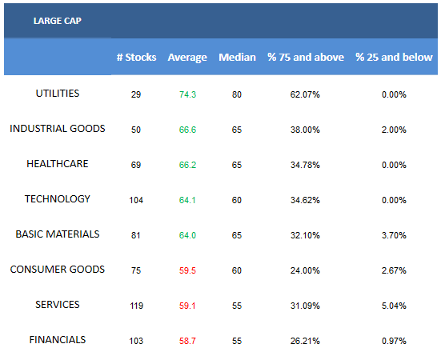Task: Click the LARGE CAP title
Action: pyautogui.click(x=58, y=21)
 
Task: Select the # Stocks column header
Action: pyautogui.click(x=136, y=58)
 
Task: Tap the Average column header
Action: pyautogui.click(x=187, y=58)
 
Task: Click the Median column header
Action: pyautogui.click(x=238, y=58)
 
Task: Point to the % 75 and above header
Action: pyautogui.click(x=306, y=58)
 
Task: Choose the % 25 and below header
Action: pyautogui.click(x=394, y=58)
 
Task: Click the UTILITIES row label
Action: pyautogui.click(x=58, y=94)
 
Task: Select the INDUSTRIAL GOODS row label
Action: pyautogui.click(x=58, y=129)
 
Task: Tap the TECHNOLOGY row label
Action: pyautogui.click(x=58, y=199)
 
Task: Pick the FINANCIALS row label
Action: pyautogui.click(x=58, y=340)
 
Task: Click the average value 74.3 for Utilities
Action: pyautogui.click(x=187, y=94)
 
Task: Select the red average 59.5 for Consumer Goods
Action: pyautogui.click(x=187, y=270)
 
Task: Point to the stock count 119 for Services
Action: pyautogui.click(x=136, y=306)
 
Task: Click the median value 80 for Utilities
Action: pyautogui.click(x=237, y=94)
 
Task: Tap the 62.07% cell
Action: pyautogui.click(x=305, y=94)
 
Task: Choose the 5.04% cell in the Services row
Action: pyautogui.click(x=394, y=306)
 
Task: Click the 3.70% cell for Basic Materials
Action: pyautogui.click(x=394, y=235)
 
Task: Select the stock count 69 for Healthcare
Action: pyautogui.click(x=136, y=165)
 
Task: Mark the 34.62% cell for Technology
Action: pyautogui.click(x=305, y=200)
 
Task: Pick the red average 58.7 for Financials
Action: pyautogui.click(x=187, y=341)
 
